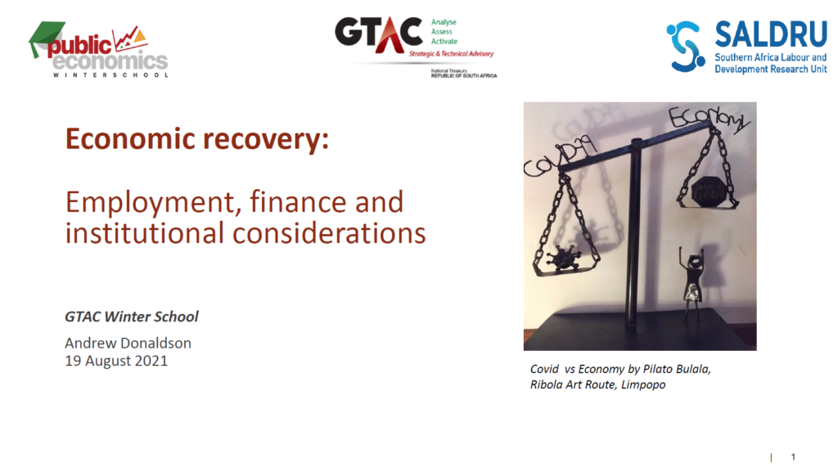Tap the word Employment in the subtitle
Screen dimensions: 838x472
[151, 204]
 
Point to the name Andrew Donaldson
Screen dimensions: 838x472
[128, 343]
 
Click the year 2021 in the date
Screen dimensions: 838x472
[151, 361]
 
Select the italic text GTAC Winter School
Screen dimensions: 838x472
[132, 317]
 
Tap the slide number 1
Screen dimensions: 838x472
[793, 456]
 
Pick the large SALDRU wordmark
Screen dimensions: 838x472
[771, 34]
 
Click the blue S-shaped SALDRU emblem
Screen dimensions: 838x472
[685, 47]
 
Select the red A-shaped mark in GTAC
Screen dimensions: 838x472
[390, 36]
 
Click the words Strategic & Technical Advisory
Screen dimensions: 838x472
[452, 53]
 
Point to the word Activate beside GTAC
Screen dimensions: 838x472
[444, 41]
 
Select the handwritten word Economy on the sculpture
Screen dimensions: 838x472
[709, 119]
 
